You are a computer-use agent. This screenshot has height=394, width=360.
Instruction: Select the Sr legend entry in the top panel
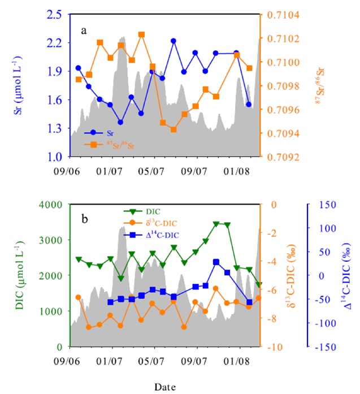click(107, 133)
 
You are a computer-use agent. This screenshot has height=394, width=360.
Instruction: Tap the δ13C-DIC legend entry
click(150, 223)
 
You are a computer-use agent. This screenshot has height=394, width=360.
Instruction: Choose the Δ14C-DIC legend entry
click(150, 234)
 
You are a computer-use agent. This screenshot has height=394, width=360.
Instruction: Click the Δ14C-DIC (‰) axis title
click(349, 275)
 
